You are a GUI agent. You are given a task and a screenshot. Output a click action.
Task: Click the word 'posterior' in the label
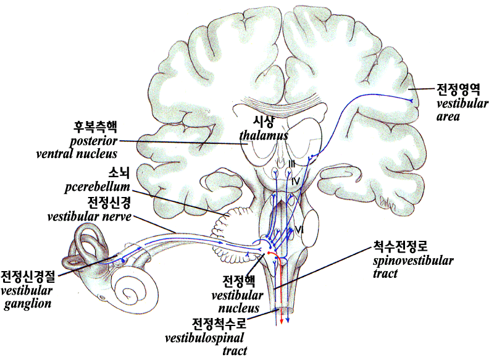point(93,140)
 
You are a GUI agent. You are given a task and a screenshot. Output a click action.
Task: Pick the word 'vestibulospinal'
point(204,338)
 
